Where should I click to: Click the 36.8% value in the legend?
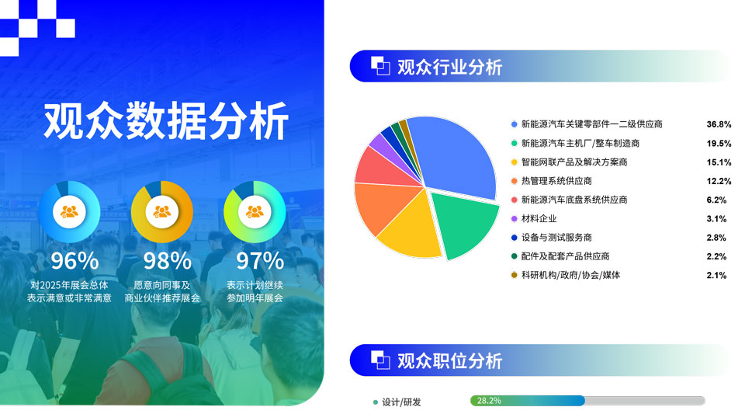point(719,124)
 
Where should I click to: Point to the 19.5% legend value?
point(719,144)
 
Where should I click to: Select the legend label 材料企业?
point(539,218)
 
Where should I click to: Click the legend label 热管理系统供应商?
point(556,181)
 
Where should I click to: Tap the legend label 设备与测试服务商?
point(556,238)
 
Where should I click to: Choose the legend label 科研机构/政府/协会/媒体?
point(570,275)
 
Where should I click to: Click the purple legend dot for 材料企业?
point(514,219)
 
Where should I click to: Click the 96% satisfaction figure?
point(74,261)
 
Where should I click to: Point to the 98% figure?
point(168,261)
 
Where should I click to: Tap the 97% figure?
point(260,261)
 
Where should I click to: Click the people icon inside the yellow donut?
point(162,211)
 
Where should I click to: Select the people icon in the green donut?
point(255,211)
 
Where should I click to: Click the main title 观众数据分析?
point(166,120)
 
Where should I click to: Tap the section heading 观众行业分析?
point(449,67)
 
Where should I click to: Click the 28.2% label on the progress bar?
point(489,401)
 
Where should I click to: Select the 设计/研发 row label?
point(401,402)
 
